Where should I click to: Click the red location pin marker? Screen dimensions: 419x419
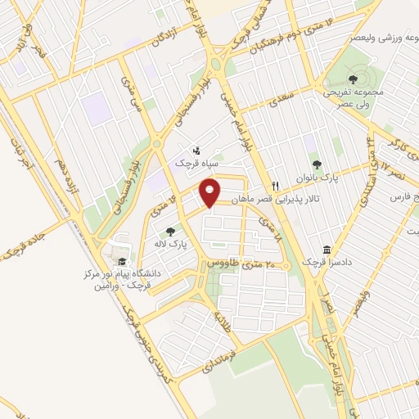[210, 193]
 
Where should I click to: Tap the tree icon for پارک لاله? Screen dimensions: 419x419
[170, 232]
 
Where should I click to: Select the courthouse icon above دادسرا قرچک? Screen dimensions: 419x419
[327, 249]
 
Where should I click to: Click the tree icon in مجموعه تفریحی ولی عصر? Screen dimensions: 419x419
[353, 79]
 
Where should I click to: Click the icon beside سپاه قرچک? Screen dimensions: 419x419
[196, 151]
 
